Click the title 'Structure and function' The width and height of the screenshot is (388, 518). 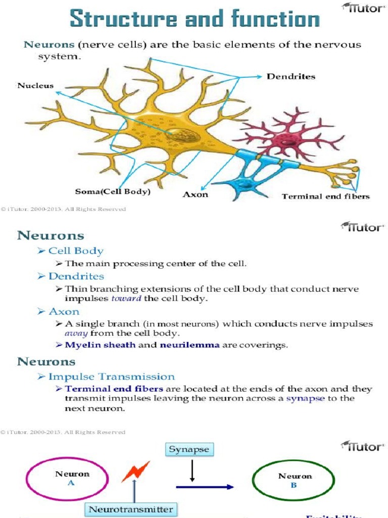tap(195, 19)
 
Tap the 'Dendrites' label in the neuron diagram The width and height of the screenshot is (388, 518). tap(290, 76)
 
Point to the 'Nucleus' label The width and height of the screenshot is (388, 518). tap(35, 85)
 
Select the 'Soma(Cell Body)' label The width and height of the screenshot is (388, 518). tap(113, 192)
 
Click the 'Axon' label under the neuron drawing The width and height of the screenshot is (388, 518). tap(195, 194)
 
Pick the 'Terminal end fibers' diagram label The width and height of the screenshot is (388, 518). tap(325, 196)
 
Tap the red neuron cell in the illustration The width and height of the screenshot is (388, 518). tap(288, 139)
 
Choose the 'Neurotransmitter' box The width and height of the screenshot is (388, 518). tap(131, 509)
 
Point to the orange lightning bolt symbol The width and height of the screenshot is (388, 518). tap(135, 471)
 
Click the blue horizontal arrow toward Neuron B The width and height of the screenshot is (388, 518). tap(205, 487)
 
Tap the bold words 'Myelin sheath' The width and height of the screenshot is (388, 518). tap(100, 345)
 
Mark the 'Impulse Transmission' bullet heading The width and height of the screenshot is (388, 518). tap(111, 376)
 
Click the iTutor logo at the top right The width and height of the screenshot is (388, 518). tap(363, 8)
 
